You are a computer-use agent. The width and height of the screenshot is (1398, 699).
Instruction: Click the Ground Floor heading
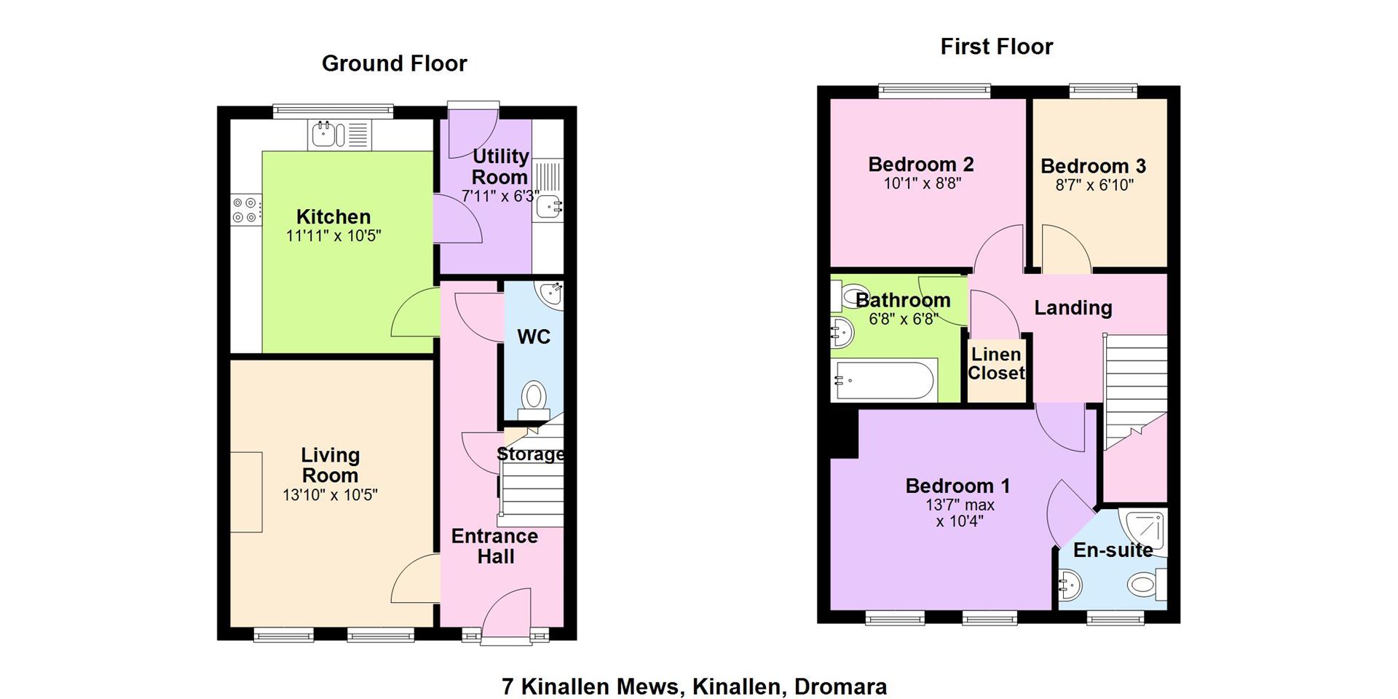(x=394, y=64)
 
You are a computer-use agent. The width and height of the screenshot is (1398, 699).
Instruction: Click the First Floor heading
(x=996, y=47)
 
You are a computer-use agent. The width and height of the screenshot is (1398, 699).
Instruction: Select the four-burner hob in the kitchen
(x=245, y=210)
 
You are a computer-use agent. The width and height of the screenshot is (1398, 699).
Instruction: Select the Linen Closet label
(x=996, y=364)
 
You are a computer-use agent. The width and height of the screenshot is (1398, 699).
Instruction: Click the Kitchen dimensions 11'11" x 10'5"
(x=333, y=236)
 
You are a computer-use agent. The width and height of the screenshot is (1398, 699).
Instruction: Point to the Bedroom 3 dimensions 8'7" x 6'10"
(x=1094, y=186)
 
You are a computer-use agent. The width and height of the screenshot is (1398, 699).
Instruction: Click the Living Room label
(x=330, y=465)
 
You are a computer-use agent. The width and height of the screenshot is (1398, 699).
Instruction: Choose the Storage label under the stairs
(x=531, y=454)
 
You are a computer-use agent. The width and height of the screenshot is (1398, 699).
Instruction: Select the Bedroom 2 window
(x=935, y=91)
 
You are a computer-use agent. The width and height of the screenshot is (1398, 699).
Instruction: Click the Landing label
(x=1073, y=308)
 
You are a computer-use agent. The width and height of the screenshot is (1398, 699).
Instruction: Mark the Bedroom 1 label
(x=957, y=486)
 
